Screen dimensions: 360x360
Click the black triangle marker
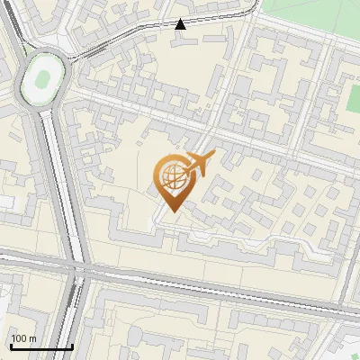(x=180, y=24)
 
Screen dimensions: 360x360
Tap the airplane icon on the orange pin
(x=199, y=165)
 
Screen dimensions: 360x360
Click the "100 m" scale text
(x=23, y=338)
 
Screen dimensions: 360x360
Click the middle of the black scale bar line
(x=40, y=346)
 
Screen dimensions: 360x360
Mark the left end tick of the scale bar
(x=10, y=345)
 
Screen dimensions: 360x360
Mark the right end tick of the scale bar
(x=72, y=345)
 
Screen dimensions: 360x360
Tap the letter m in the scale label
(x=32, y=338)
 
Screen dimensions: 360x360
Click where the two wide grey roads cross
(x=79, y=267)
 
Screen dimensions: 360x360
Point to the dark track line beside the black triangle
(x=135, y=31)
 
